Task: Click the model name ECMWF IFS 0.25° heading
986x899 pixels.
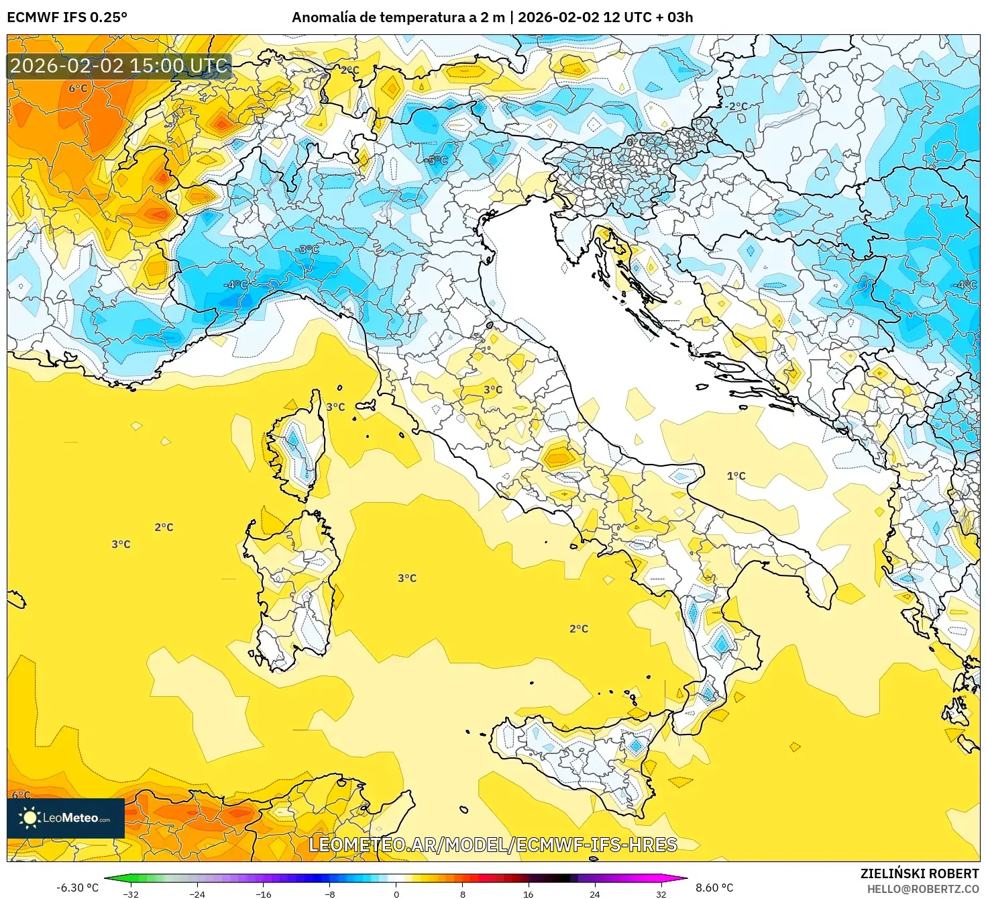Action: pyautogui.click(x=67, y=17)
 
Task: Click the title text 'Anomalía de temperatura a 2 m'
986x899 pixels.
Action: pyautogui.click(x=398, y=17)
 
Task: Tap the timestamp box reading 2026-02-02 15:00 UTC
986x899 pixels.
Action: pyautogui.click(x=119, y=66)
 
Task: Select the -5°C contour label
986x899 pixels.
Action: pyautogui.click(x=435, y=160)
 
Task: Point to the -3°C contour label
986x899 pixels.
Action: pyautogui.click(x=307, y=250)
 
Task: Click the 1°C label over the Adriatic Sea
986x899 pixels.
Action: pyautogui.click(x=736, y=476)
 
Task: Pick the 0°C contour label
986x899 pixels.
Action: pyautogui.click(x=636, y=143)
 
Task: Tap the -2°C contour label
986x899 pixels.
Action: pyautogui.click(x=736, y=106)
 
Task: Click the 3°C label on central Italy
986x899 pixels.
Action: pyautogui.click(x=493, y=389)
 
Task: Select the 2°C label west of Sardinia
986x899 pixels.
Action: pyautogui.click(x=164, y=528)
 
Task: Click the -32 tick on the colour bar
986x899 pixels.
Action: pyautogui.click(x=131, y=894)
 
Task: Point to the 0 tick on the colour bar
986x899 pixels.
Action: pyautogui.click(x=396, y=894)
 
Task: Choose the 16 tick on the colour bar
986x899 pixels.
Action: pyautogui.click(x=528, y=894)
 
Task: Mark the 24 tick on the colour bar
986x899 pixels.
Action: pyautogui.click(x=594, y=894)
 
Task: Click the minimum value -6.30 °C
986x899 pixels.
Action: pyautogui.click(x=77, y=888)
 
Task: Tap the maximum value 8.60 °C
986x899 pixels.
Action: pyautogui.click(x=714, y=888)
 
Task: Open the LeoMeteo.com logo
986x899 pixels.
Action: pyautogui.click(x=66, y=818)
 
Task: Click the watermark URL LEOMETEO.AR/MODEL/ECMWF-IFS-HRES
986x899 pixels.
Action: pyautogui.click(x=492, y=845)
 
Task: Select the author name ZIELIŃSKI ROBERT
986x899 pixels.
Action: pyautogui.click(x=919, y=873)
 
